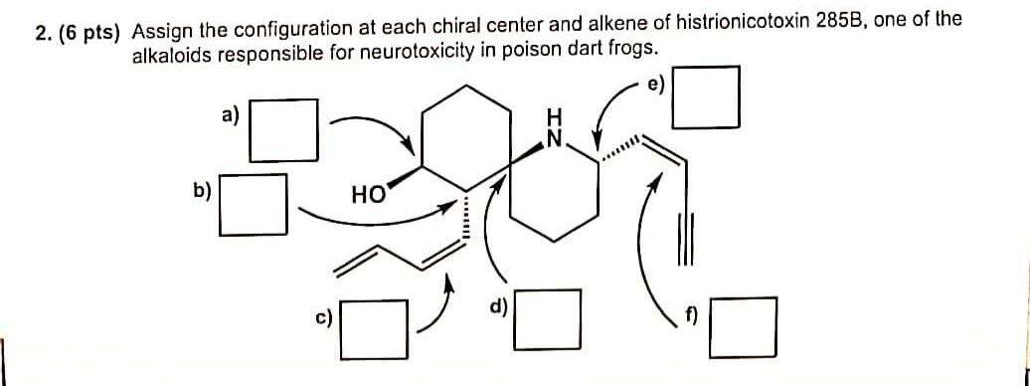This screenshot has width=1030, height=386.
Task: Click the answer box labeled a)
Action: pyautogui.click(x=283, y=129)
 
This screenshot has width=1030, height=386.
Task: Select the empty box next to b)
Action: pyautogui.click(x=254, y=204)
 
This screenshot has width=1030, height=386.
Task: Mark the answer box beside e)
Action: pyautogui.click(x=706, y=96)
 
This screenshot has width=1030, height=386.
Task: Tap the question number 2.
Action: pyautogui.click(x=41, y=32)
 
